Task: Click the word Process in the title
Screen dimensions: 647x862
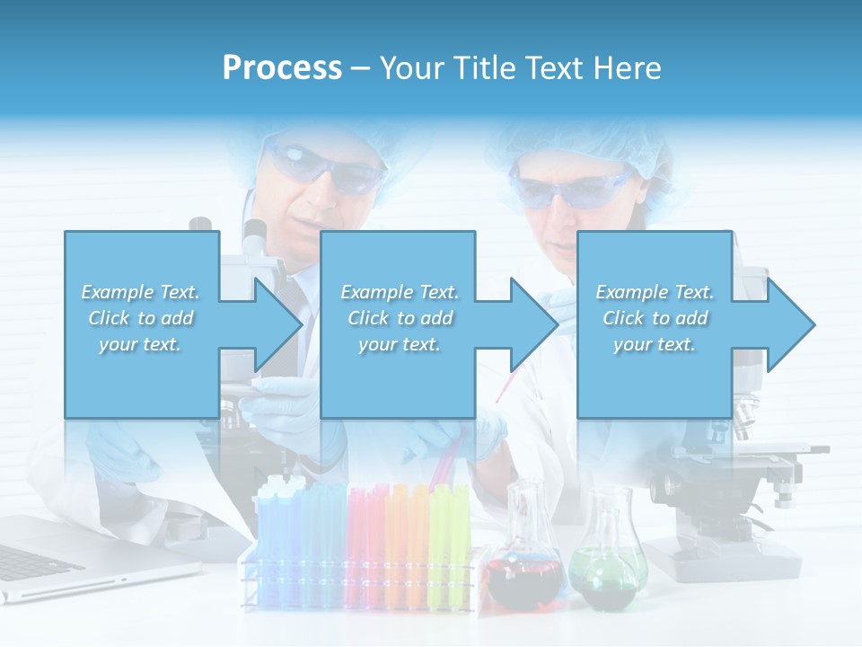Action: (x=282, y=68)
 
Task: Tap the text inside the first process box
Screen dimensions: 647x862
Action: (x=140, y=318)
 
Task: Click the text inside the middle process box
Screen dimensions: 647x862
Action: (x=399, y=318)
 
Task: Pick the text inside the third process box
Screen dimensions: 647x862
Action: (x=654, y=318)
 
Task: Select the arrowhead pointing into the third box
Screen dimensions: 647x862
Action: (x=534, y=324)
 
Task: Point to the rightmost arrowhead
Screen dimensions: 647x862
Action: (x=791, y=324)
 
